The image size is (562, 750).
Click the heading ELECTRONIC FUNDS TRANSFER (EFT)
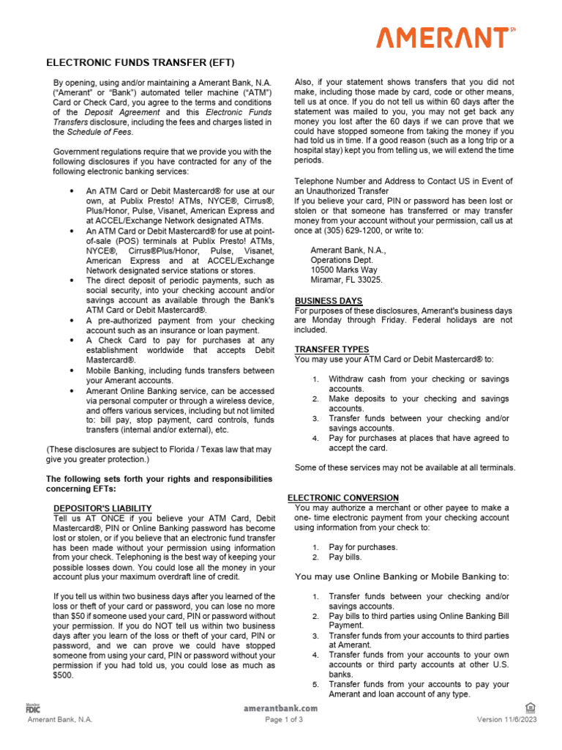point(140,63)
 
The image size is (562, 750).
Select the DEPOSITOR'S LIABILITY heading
point(102,508)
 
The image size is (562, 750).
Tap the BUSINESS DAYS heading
point(329,301)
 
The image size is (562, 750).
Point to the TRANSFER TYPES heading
point(331,349)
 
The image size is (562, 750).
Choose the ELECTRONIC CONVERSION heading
point(343,497)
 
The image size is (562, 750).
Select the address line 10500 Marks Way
point(344,270)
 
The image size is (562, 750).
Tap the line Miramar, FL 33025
point(346,280)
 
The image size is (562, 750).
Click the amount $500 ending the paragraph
point(64,676)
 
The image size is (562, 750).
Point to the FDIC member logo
point(32,708)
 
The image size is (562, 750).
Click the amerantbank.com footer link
point(280,708)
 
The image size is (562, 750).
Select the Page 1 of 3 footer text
point(284,719)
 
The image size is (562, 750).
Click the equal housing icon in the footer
point(531,707)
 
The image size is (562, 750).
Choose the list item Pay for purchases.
point(363,547)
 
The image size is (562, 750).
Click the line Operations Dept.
point(341,259)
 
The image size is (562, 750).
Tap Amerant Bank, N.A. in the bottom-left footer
point(60,719)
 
